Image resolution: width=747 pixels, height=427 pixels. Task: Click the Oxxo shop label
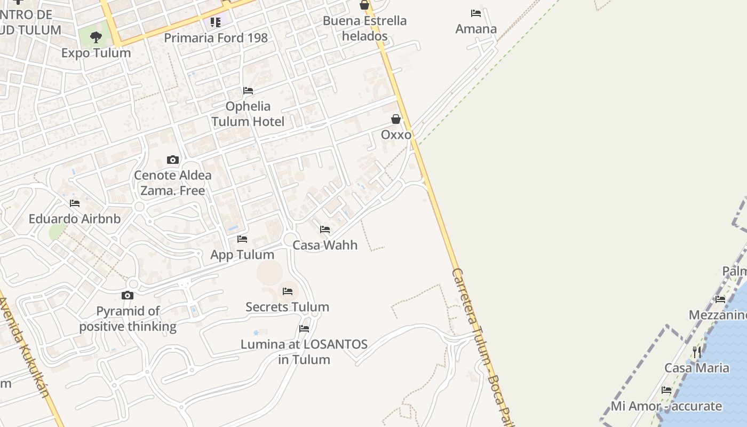[x=396, y=135]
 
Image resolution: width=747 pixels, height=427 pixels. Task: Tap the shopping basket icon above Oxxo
[x=396, y=119]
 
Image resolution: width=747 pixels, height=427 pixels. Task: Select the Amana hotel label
[x=476, y=29]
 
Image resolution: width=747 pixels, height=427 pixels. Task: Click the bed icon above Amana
[x=476, y=13]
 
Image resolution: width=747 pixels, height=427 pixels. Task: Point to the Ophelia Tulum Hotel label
[x=248, y=114]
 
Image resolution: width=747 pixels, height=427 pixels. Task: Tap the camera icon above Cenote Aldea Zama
[x=172, y=160]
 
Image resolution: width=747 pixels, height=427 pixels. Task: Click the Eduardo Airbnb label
[x=75, y=219]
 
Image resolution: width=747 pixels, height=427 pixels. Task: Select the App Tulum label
[x=242, y=255]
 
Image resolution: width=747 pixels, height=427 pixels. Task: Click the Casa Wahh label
[x=325, y=245]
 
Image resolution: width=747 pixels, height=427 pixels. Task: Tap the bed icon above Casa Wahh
[x=325, y=230]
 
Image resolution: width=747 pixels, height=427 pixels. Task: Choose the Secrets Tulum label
[x=288, y=307]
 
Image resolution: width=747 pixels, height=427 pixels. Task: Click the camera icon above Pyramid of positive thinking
[x=128, y=295]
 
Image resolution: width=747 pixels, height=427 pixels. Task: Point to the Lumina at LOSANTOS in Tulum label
[x=304, y=352]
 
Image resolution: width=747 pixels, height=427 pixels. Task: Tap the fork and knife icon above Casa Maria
[x=697, y=352]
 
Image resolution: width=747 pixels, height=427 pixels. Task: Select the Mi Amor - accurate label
[x=666, y=406]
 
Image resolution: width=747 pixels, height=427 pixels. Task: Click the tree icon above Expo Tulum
[x=96, y=37]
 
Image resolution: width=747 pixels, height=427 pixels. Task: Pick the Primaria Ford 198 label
[x=216, y=38]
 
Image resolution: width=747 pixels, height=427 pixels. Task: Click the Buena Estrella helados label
[x=365, y=28]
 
